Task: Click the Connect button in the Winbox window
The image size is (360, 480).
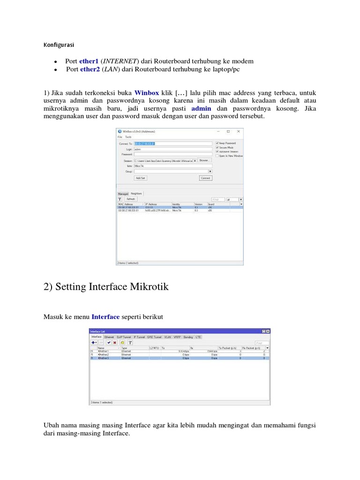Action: tap(205, 178)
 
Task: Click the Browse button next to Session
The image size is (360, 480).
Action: tap(203, 160)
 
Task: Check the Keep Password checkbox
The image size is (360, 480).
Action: tap(217, 143)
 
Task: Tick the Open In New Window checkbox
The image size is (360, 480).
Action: tap(217, 156)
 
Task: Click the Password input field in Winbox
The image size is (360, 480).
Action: tap(173, 154)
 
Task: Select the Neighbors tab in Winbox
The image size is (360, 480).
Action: tap(136, 194)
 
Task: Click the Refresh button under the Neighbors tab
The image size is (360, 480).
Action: tap(130, 199)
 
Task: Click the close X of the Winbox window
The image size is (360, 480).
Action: tap(239, 131)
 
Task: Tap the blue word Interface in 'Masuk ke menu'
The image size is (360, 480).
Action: tap(105, 317)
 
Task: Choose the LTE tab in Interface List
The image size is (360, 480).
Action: tap(199, 337)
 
